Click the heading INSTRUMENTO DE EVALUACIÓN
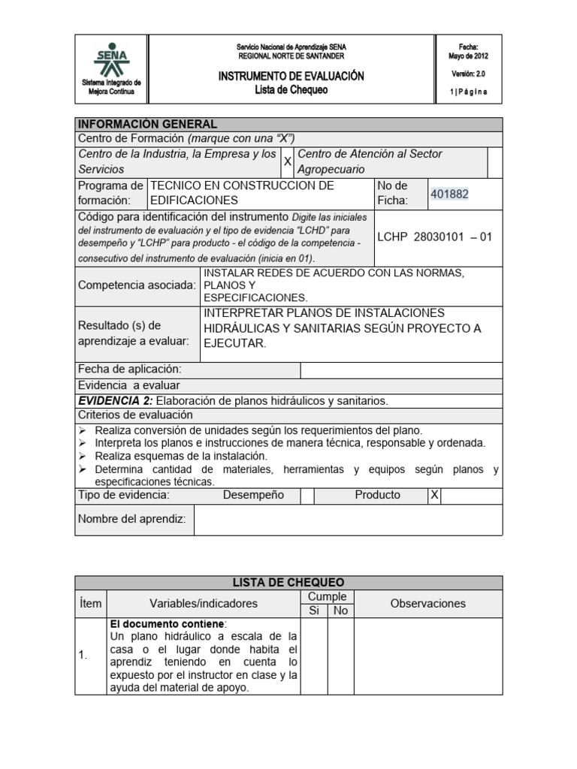tap(291, 77)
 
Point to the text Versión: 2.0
tap(468, 74)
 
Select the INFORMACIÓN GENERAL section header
tap(148, 124)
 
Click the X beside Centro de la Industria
tap(287, 161)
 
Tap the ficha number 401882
tap(449, 194)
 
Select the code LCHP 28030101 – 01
tap(434, 237)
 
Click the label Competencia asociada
tap(137, 285)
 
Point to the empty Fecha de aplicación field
tap(401, 370)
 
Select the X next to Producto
tap(434, 495)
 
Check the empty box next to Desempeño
tap(307, 496)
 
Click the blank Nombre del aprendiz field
tap(348, 520)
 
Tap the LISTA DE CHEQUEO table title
tap(288, 583)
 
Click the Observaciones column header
tap(427, 603)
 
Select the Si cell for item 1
tap(315, 655)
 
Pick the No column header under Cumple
tap(340, 611)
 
